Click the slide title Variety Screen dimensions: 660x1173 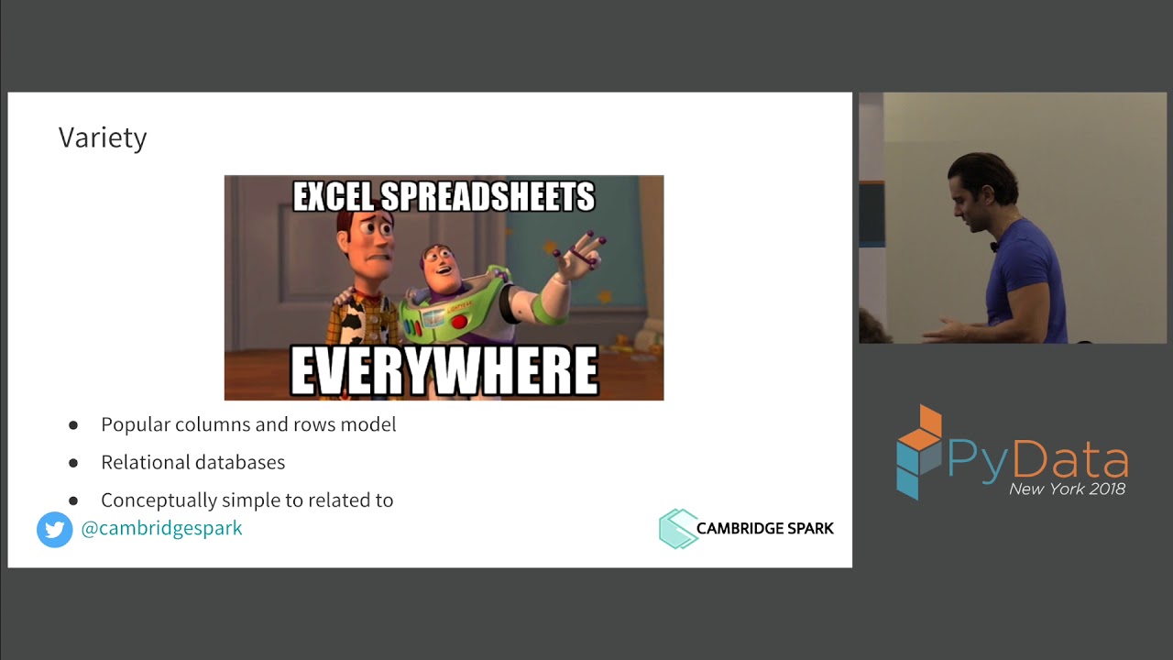[103, 137]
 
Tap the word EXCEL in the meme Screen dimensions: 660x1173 [333, 197]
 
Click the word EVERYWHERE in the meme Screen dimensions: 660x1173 [444, 371]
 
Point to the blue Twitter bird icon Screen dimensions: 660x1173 [55, 530]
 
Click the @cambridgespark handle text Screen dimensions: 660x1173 [161, 529]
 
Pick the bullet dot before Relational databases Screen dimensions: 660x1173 [73, 463]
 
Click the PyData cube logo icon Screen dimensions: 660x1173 [918, 451]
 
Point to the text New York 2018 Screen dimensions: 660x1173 [1067, 489]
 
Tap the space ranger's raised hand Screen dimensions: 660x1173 [582, 252]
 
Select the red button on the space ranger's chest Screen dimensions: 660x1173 [458, 322]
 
